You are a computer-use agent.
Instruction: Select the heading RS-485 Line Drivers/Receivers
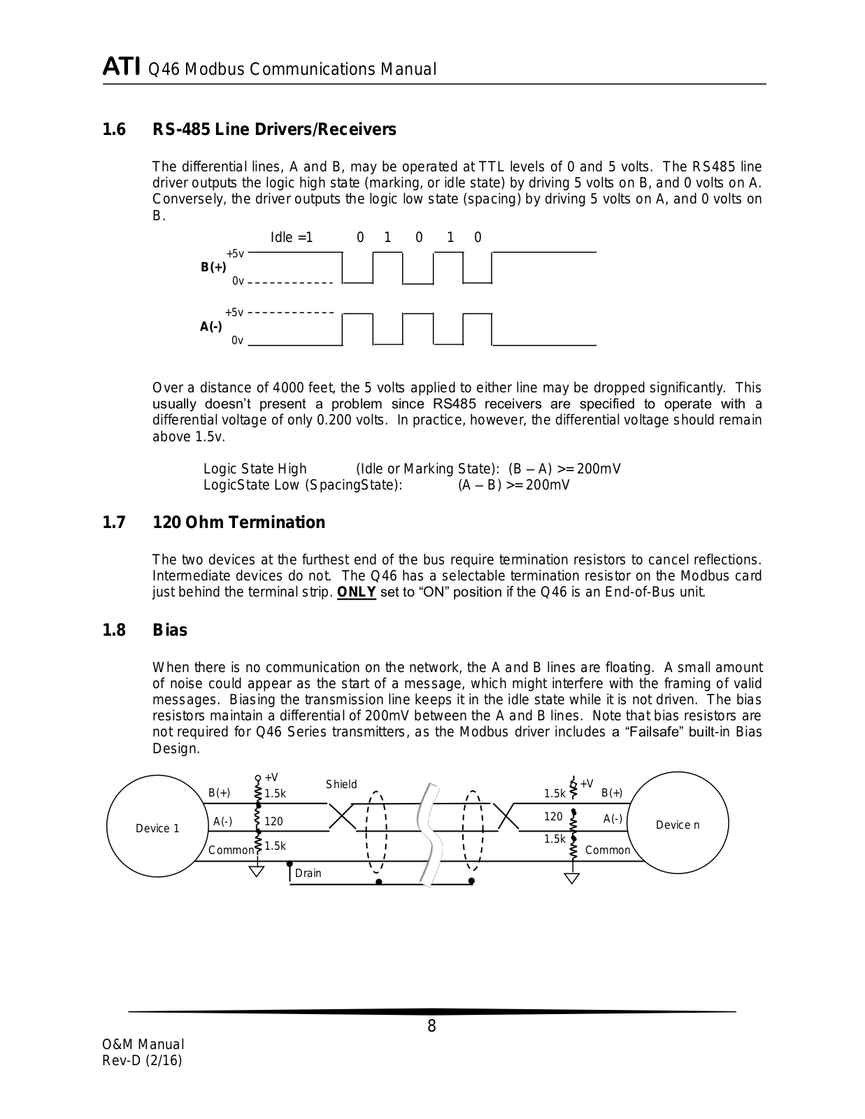point(274,129)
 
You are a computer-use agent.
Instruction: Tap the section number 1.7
point(114,522)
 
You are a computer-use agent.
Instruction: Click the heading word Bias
point(170,630)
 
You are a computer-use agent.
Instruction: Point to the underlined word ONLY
point(357,592)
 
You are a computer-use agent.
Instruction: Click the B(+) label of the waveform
point(213,267)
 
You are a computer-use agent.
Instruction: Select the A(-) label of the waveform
point(211,327)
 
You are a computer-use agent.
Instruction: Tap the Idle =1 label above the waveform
point(292,237)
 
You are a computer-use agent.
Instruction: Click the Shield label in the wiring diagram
point(341,785)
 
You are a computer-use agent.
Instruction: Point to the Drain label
point(308,873)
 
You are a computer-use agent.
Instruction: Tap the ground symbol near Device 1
point(257,870)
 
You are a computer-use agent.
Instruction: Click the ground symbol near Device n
point(572,878)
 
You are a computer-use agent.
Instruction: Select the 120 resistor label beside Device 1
point(273,821)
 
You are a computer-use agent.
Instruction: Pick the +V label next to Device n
point(586,784)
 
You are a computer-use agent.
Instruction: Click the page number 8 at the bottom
point(431,1027)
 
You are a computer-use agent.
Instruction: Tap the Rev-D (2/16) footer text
point(143,1061)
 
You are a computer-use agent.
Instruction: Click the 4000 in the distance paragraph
point(287,388)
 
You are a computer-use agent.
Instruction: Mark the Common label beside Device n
point(607,850)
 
